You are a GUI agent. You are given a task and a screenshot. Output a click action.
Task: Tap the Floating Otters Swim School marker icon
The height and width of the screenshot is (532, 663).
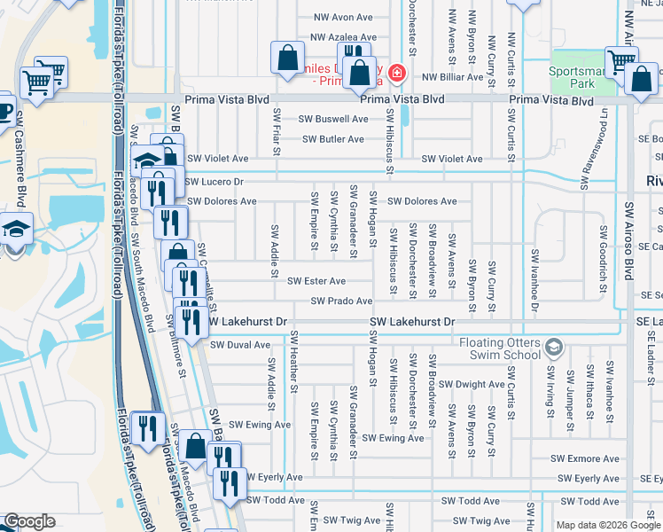pos(555,346)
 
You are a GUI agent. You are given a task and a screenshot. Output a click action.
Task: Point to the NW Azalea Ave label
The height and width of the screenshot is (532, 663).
pos(343,38)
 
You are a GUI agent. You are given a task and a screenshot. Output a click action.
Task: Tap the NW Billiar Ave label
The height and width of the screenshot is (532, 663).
pos(452,77)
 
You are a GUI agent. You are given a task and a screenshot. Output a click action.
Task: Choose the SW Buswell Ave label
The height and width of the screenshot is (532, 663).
pos(332,119)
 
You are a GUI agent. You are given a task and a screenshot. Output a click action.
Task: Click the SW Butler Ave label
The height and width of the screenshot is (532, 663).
pos(332,139)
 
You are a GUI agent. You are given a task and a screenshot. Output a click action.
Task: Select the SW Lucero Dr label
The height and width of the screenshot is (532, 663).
pos(214,181)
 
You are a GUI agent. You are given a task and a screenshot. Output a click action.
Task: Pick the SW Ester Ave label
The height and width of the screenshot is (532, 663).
pos(316,281)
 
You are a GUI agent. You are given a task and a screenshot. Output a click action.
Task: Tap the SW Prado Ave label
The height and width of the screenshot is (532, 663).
pos(341,301)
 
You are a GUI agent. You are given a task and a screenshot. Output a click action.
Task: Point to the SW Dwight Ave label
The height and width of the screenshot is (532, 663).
pos(472,384)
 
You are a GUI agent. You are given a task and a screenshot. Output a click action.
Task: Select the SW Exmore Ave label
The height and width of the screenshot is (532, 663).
pos(585,458)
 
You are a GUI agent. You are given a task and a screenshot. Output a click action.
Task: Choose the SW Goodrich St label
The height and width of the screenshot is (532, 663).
pos(603,254)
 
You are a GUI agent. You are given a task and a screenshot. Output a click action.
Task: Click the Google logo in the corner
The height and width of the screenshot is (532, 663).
pos(29,521)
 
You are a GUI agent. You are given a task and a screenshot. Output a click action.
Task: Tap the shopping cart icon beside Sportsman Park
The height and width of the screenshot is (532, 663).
pos(621,60)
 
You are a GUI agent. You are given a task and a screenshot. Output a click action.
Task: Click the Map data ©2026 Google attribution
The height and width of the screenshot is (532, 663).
pos(608,525)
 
